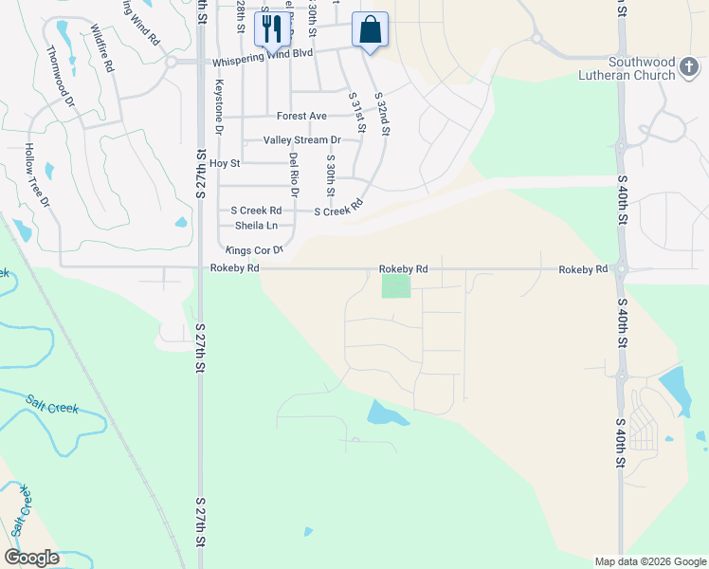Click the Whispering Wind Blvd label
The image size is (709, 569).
pos(263,54)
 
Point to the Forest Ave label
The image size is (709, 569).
pos(301,116)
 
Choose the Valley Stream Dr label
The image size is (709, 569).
pos(301,139)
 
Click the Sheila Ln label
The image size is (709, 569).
pos(256,226)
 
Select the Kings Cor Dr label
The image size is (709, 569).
pos(254,250)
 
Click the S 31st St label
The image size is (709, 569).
pos(356,111)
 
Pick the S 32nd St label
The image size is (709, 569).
pos(382,115)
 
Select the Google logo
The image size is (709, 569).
pos(31,557)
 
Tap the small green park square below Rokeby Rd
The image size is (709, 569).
pos(396,284)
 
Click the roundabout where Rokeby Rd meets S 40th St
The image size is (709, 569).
pos(621,269)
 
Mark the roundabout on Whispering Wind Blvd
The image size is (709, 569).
pos(172,62)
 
